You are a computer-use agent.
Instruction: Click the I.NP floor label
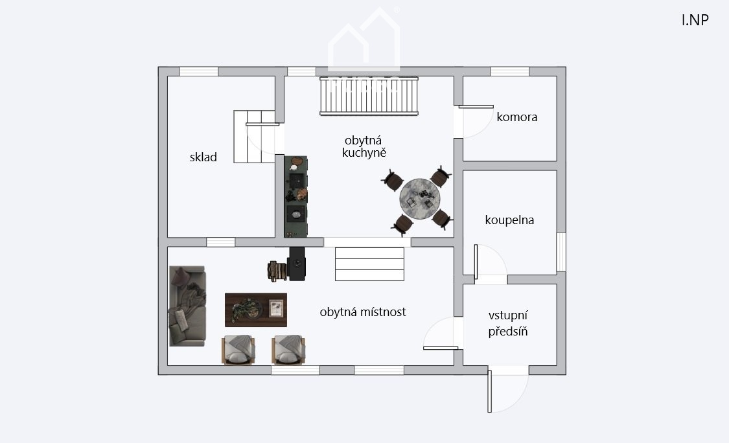click(695, 21)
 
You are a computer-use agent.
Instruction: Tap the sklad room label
click(203, 157)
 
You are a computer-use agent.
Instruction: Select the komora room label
click(517, 117)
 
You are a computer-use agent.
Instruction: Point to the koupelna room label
click(509, 220)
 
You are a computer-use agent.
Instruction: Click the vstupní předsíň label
click(508, 323)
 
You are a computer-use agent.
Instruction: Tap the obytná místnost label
click(363, 312)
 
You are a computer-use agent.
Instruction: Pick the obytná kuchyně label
click(364, 146)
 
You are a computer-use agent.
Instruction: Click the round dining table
click(420, 199)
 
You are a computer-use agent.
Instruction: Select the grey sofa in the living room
click(187, 306)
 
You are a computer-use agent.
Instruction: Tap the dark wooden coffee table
click(256, 310)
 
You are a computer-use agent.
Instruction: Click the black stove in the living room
click(297, 264)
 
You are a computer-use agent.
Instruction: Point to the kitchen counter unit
click(295, 197)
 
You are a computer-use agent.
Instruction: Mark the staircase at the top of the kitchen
click(369, 97)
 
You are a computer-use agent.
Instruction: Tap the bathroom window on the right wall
click(561, 252)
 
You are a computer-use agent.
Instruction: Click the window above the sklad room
click(198, 72)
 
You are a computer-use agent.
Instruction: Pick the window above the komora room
click(509, 72)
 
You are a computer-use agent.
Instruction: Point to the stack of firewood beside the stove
click(277, 271)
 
